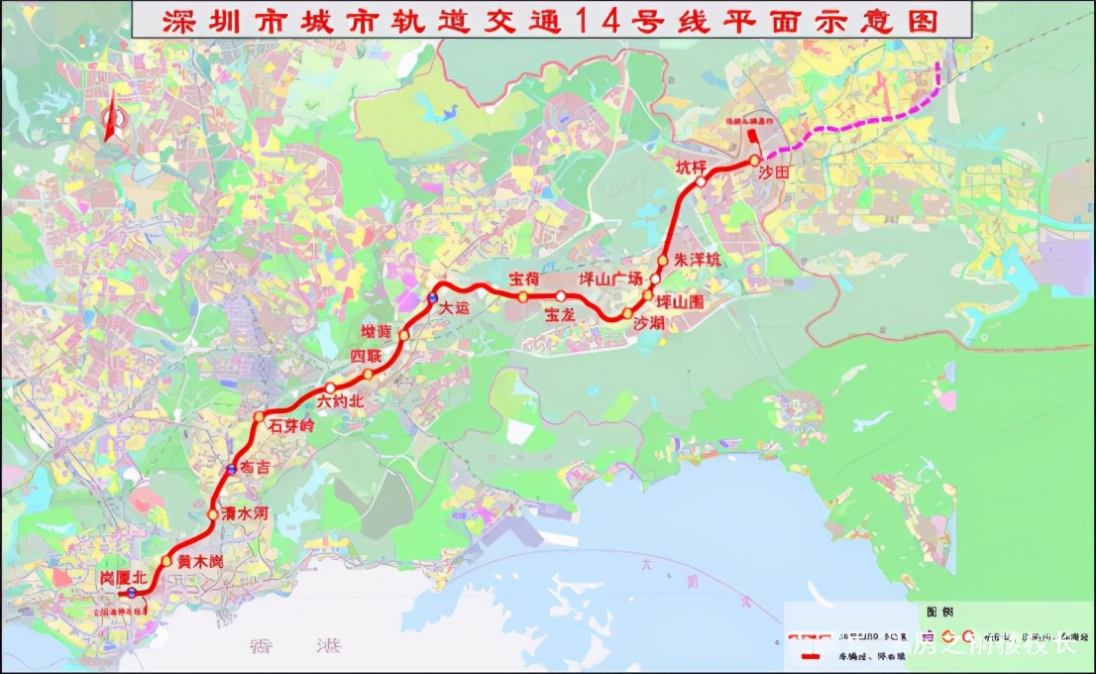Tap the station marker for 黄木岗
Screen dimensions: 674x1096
pos(166,561)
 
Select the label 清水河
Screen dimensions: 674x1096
pos(244,513)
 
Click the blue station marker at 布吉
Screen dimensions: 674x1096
pos(231,469)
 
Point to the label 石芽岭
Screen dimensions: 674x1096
pos(289,425)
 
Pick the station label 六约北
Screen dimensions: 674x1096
pos(341,401)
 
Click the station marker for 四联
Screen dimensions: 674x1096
pos(368,374)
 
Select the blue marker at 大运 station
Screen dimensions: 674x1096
pos(432,298)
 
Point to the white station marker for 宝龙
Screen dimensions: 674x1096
pos(561,296)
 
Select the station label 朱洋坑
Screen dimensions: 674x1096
pos(698,260)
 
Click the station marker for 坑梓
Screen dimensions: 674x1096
pos(701,181)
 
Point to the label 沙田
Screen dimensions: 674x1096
pos(774,171)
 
